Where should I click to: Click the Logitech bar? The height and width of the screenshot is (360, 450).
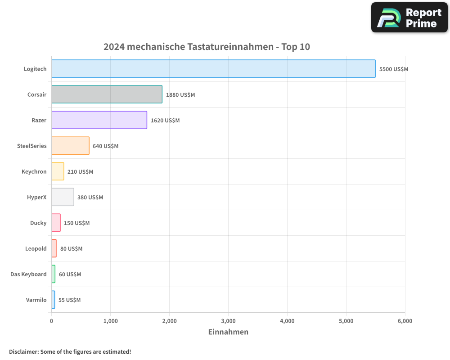[213, 69]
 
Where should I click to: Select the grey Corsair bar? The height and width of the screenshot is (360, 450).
[107, 94]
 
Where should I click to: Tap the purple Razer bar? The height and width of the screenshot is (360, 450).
[99, 120]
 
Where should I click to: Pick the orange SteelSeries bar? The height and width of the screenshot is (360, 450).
[70, 146]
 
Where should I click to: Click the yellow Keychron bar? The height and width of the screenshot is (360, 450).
[58, 171]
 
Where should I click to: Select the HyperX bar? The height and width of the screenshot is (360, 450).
[63, 197]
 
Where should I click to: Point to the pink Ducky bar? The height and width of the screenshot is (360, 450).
[56, 223]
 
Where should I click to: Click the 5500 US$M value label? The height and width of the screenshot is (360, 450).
[394, 69]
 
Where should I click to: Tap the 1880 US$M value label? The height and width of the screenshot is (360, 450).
[180, 95]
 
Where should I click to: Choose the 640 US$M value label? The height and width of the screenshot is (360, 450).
[105, 146]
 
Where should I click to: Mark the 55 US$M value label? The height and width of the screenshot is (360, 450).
[69, 300]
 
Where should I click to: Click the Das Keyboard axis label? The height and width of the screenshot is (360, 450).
[28, 274]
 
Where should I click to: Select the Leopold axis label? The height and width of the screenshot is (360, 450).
[36, 249]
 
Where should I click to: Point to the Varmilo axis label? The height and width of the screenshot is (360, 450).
[36, 300]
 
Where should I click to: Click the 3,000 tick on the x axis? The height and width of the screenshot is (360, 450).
[228, 321]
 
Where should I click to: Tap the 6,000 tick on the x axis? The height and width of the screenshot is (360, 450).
[405, 321]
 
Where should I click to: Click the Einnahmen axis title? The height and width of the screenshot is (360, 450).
[228, 332]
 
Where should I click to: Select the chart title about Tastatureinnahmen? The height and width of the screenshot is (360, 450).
[207, 47]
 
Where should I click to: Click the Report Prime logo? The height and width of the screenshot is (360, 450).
[409, 18]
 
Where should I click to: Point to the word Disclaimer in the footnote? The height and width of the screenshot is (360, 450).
[23, 351]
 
